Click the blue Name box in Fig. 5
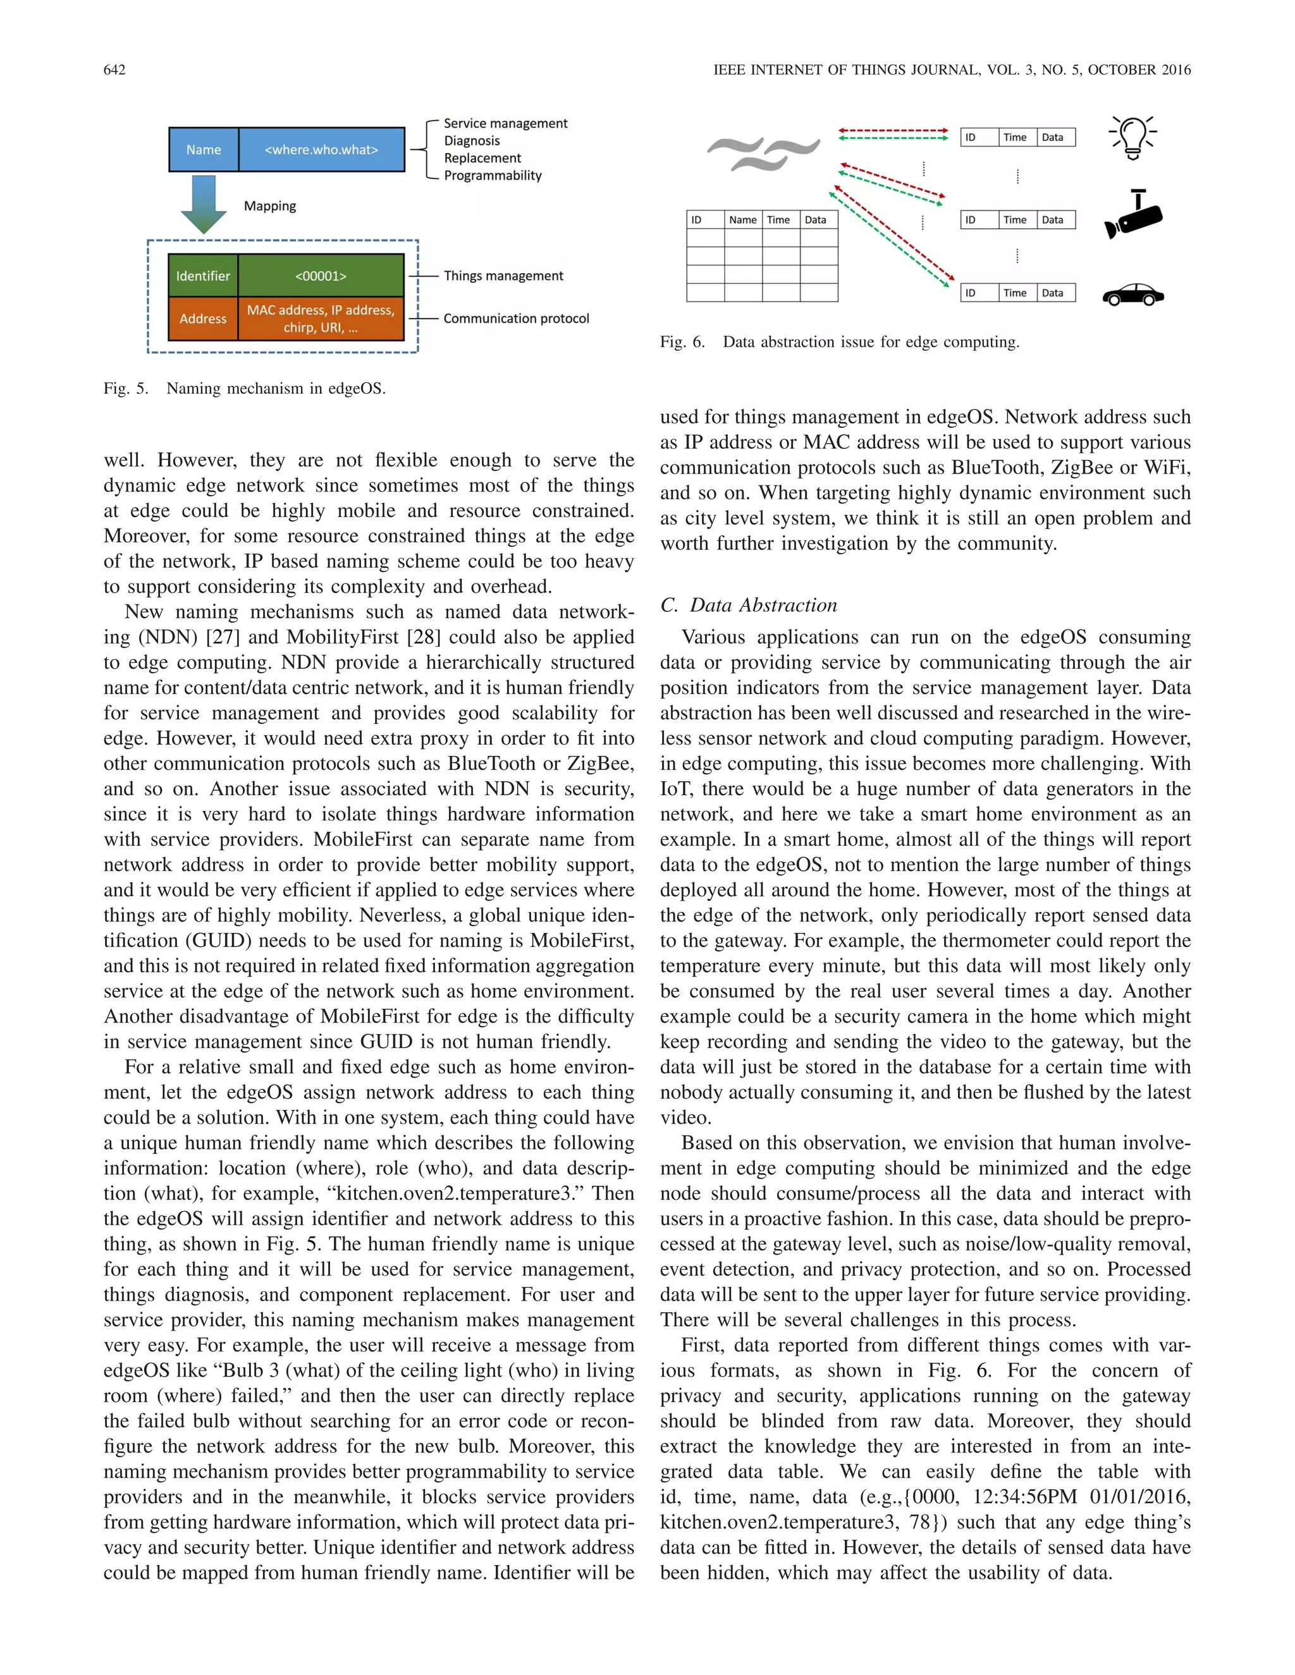[x=204, y=150]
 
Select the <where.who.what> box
[x=321, y=150]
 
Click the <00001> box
[x=321, y=276]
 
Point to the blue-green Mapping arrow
[x=204, y=204]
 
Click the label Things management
[x=503, y=276]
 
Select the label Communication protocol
[x=517, y=319]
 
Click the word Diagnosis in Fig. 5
[x=472, y=141]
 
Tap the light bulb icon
[x=1132, y=137]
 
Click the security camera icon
[x=1133, y=216]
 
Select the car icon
[x=1133, y=295]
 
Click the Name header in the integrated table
[x=742, y=220]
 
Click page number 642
[x=114, y=70]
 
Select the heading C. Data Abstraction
[x=748, y=605]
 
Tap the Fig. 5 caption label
[x=126, y=389]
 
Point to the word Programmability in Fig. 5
[x=493, y=176]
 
